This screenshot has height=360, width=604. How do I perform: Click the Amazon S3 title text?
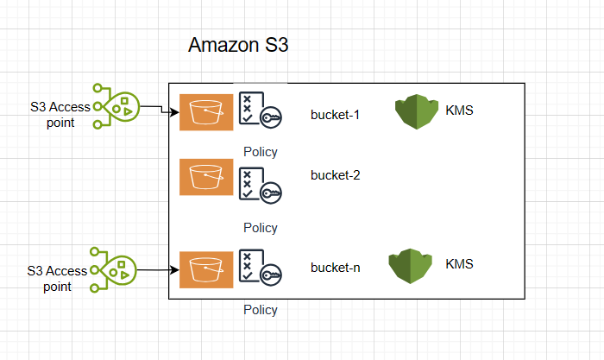tap(237, 47)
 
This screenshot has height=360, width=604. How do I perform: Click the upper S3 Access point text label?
tap(58, 115)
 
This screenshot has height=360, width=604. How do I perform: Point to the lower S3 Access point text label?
tap(58, 278)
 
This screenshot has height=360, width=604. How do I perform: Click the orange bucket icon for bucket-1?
tap(206, 112)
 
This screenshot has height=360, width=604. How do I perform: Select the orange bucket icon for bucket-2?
tap(206, 177)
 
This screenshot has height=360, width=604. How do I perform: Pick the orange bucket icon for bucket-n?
tap(206, 268)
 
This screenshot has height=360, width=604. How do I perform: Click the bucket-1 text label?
tap(335, 114)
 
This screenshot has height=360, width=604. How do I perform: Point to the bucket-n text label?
tap(335, 268)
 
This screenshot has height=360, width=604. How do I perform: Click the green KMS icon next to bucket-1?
tap(417, 113)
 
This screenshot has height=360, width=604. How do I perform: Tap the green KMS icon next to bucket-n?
tap(410, 267)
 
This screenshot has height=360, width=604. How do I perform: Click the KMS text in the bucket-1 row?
tap(459, 111)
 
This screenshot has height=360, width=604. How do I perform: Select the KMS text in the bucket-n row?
tap(459, 262)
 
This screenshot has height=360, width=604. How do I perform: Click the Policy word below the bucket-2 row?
tap(260, 228)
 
